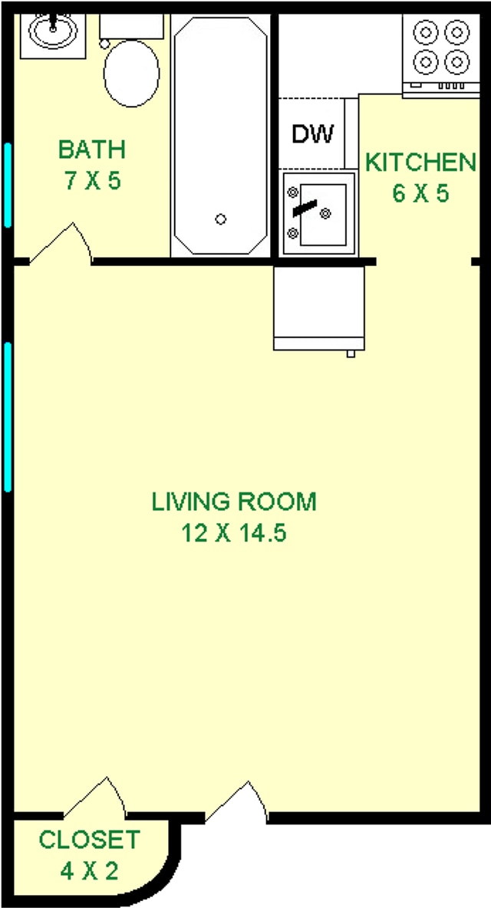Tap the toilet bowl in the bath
click(x=131, y=73)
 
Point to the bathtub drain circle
click(x=221, y=219)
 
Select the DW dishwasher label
click(x=313, y=134)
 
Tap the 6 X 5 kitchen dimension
click(x=420, y=193)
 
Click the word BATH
click(x=92, y=149)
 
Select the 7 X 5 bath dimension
click(x=92, y=182)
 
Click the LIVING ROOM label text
click(x=234, y=502)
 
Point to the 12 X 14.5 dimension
click(x=234, y=533)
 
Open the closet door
click(x=94, y=799)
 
